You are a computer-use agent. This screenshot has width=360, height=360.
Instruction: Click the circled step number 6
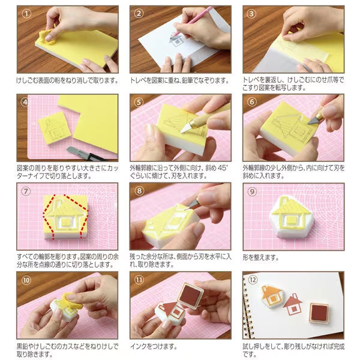pos(252,102)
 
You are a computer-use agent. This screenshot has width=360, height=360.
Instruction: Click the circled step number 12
pos(252,280)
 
